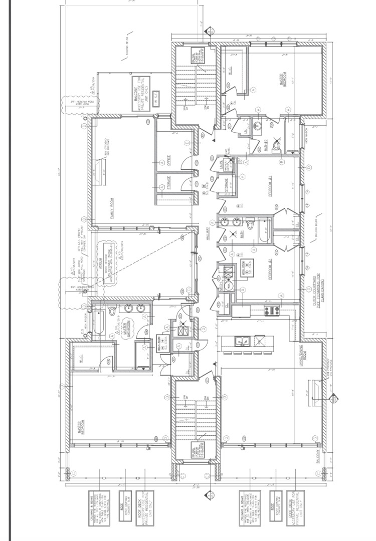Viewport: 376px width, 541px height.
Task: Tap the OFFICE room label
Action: (169, 160)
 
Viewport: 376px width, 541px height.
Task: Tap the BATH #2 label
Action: (266, 146)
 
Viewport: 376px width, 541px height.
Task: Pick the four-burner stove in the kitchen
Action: (271, 311)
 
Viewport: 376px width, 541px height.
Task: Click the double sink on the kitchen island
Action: (244, 341)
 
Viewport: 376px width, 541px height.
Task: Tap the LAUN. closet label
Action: (221, 165)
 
